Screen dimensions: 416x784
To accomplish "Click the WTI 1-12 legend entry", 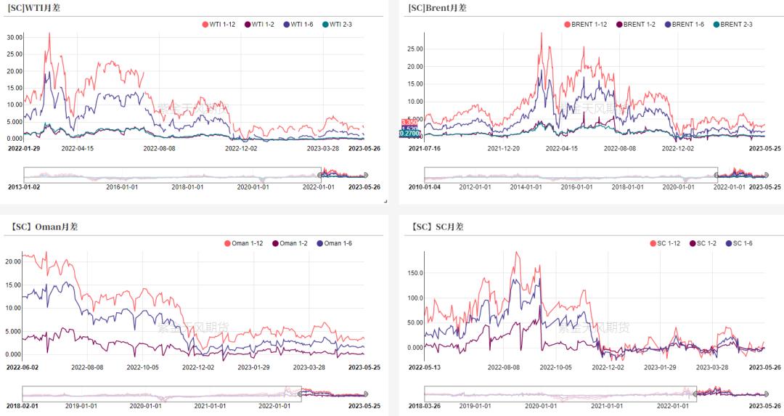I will [x=221, y=24].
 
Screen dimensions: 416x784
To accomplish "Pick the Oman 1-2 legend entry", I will [x=293, y=243].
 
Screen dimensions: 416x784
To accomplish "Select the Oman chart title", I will [x=44, y=227].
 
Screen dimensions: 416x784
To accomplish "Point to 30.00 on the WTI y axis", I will [x=14, y=36].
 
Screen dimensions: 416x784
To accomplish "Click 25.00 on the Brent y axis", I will [x=415, y=49].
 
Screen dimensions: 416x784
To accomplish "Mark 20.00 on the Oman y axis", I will [x=14, y=261].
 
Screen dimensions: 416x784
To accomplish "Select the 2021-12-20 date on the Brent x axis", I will [x=505, y=148].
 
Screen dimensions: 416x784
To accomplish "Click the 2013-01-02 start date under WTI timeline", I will [x=24, y=186].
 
